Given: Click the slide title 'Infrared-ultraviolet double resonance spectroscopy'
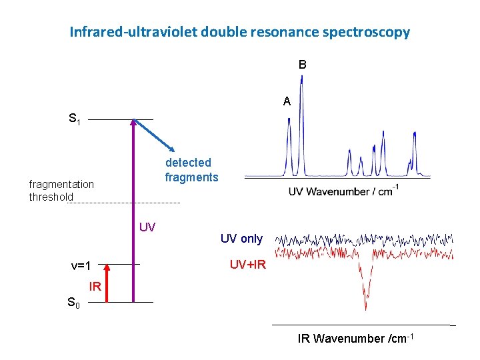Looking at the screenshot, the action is [x=239, y=31].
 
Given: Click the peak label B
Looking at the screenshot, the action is [x=303, y=65].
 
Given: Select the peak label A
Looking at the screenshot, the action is [x=287, y=102].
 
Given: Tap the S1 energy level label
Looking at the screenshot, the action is [x=75, y=120].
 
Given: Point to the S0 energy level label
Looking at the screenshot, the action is [x=73, y=303].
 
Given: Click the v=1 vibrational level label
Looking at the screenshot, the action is [x=81, y=265].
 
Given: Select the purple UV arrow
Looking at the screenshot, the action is [x=133, y=213].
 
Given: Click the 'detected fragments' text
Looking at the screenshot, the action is [x=191, y=170].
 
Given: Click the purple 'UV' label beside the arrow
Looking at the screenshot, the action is [x=147, y=227].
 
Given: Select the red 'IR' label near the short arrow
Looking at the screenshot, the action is [x=95, y=287].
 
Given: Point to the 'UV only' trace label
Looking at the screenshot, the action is [x=241, y=239].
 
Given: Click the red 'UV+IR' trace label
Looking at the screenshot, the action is [x=248, y=265].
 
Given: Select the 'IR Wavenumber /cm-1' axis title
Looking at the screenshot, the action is [x=356, y=339].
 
